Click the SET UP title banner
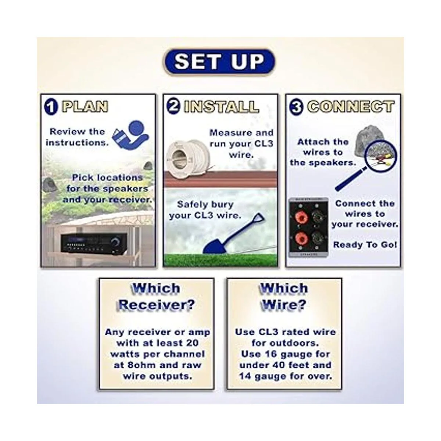pyautogui.click(x=220, y=62)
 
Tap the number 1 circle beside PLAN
pyautogui.click(x=51, y=107)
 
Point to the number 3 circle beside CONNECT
pyautogui.click(x=297, y=107)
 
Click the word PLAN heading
pyautogui.click(x=85, y=107)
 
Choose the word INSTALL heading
pyautogui.click(x=222, y=107)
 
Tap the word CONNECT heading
pyautogui.click(x=351, y=107)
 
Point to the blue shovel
pyautogui.click(x=233, y=233)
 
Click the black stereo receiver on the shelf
pyautogui.click(x=93, y=243)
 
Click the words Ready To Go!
pyautogui.click(x=365, y=245)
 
